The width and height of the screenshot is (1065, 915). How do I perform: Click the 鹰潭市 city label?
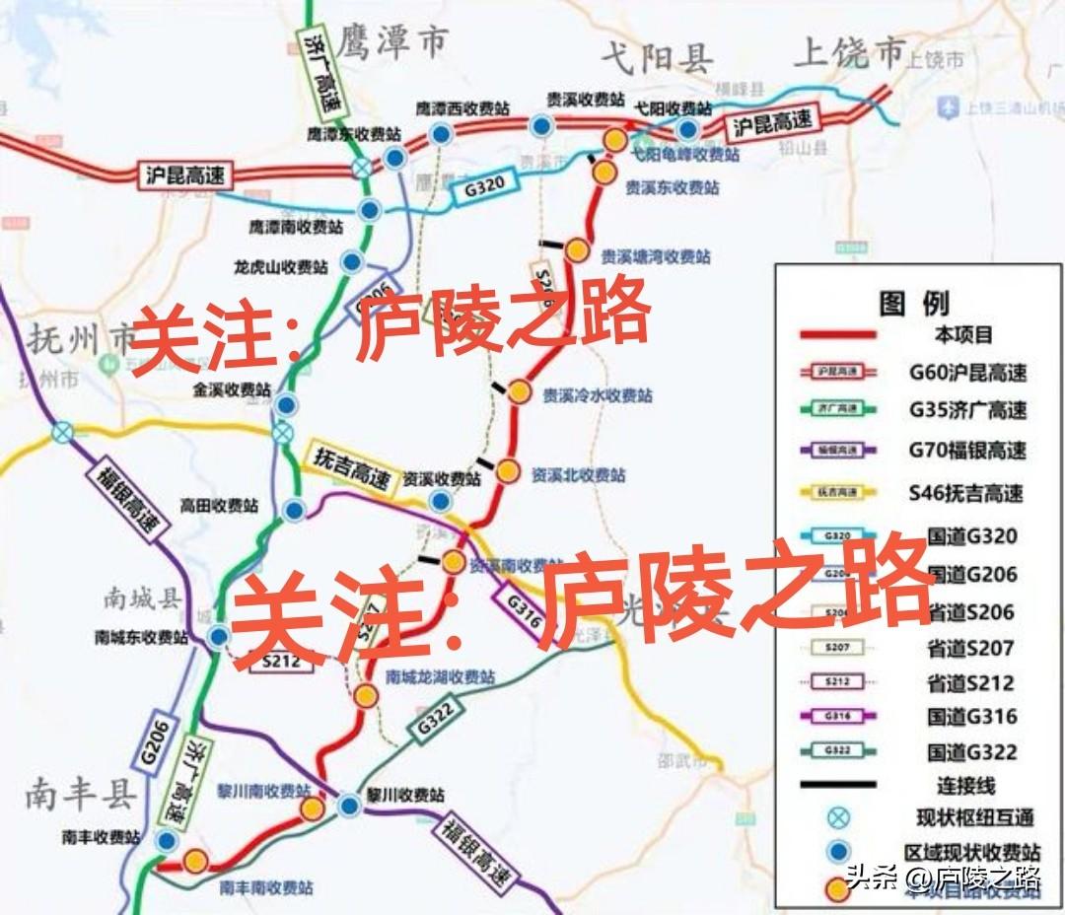[391, 41]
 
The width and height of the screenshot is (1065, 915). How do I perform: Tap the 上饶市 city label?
[849, 51]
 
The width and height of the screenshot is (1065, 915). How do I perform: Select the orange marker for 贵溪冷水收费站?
[520, 392]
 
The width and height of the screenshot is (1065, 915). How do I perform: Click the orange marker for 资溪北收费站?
[507, 471]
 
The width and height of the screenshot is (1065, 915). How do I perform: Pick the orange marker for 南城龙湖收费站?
[366, 695]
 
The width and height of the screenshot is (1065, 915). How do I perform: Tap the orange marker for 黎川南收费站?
[313, 809]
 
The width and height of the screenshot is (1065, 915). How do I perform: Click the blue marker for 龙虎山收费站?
[351, 262]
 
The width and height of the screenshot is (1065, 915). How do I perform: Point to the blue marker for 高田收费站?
[294, 510]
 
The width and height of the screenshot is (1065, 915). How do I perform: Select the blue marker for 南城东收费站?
[218, 636]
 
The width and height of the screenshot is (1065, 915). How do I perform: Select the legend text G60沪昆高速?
[966, 373]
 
